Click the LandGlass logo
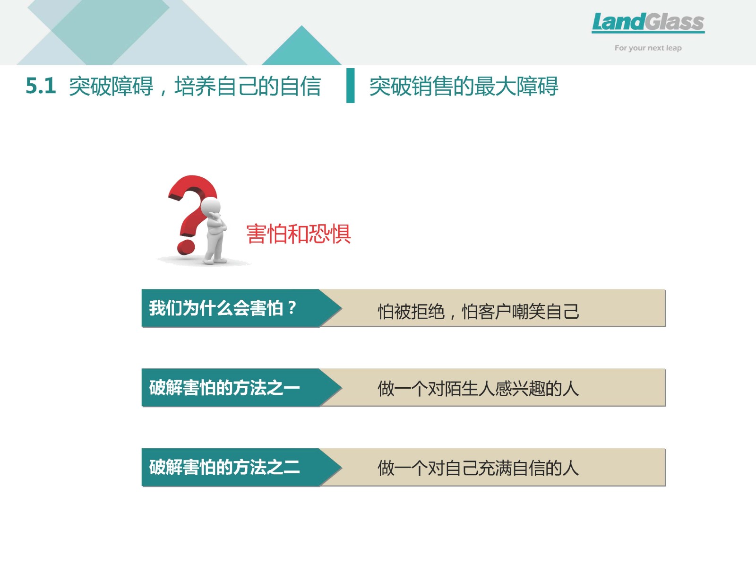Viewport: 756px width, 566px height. [x=648, y=23]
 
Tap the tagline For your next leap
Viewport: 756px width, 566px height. [x=648, y=48]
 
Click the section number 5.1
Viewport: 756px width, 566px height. [x=41, y=86]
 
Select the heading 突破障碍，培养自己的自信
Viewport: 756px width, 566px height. [x=195, y=86]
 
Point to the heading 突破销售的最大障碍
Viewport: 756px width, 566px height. [x=464, y=86]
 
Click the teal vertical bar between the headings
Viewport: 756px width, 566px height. [x=350, y=86]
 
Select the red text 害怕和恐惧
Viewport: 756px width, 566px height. [x=299, y=234]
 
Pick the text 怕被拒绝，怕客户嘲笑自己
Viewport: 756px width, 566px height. [x=478, y=312]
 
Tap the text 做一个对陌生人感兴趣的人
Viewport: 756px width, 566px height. [x=478, y=389]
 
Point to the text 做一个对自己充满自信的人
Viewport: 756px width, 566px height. [x=478, y=468]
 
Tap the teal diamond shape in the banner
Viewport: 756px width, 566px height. [x=110, y=31]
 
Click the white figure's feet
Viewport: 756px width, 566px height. [x=215, y=261]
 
